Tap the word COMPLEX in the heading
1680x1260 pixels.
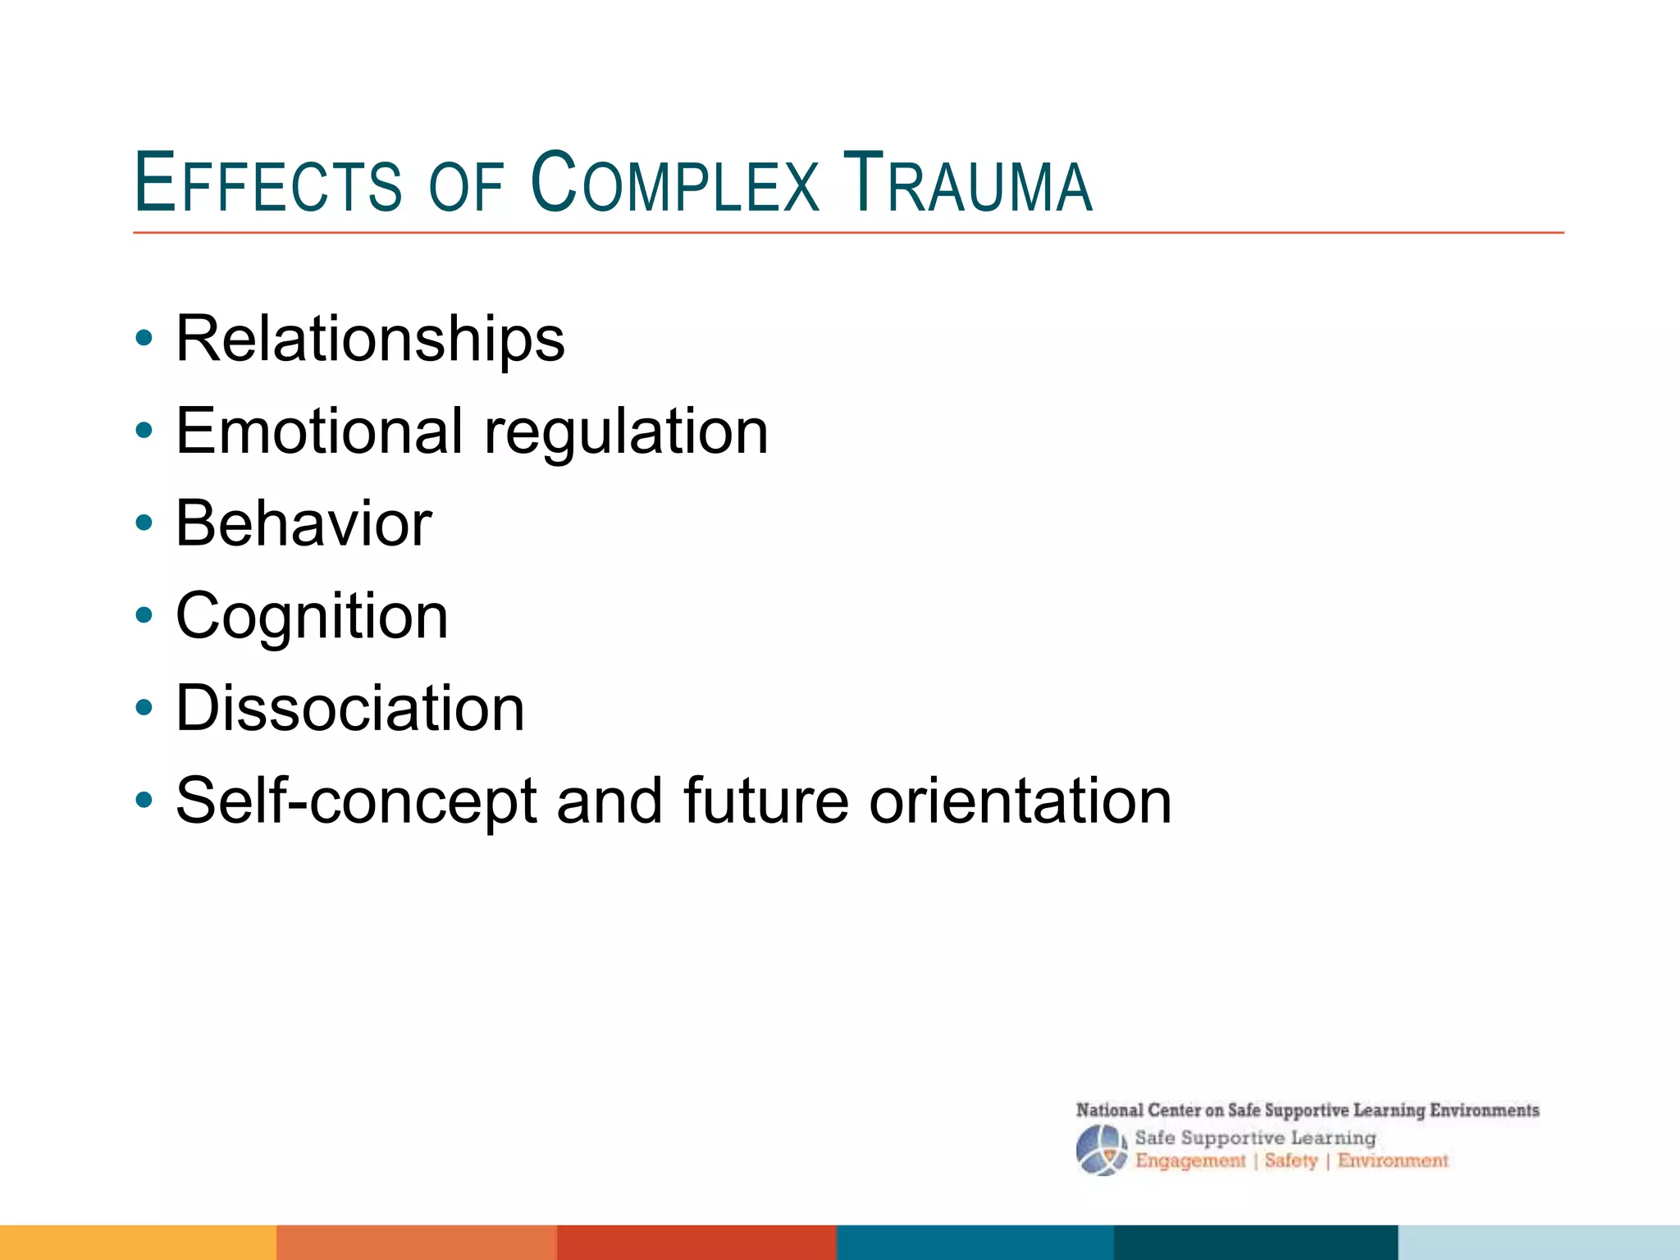pyautogui.click(x=675, y=183)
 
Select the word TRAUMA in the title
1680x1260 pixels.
pyautogui.click(x=968, y=183)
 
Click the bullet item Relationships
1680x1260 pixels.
pyautogui.click(x=370, y=339)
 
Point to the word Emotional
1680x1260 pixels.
pyautogui.click(x=319, y=431)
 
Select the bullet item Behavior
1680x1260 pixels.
pyautogui.click(x=304, y=523)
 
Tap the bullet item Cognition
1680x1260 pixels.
pyautogui.click(x=312, y=617)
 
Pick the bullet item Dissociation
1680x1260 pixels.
pyautogui.click(x=349, y=709)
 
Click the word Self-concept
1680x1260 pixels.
pyautogui.click(x=356, y=801)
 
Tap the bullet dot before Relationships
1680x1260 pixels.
pyautogui.click(x=144, y=339)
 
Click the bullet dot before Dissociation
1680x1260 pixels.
pyautogui.click(x=144, y=709)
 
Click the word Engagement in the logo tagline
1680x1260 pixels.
pyautogui.click(x=1189, y=1161)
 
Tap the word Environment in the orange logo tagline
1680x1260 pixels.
pyautogui.click(x=1393, y=1161)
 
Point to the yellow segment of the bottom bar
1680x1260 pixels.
pyautogui.click(x=138, y=1243)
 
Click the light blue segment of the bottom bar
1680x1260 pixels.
pyautogui.click(x=1538, y=1243)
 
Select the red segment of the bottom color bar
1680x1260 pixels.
pyautogui.click(x=696, y=1243)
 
